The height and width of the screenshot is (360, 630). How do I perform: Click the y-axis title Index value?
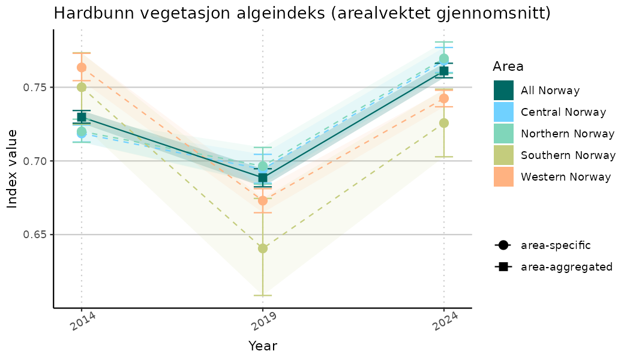13,169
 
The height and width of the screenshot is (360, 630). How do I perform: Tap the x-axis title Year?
263,346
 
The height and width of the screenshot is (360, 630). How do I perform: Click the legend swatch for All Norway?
503,91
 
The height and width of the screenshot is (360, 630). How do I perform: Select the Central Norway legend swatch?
503,112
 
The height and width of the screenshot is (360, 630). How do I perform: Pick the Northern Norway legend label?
568,134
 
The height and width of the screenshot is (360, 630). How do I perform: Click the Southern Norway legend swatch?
503,155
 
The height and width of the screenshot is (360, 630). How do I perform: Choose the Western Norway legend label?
566,177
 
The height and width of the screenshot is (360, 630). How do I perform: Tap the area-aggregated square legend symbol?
503,266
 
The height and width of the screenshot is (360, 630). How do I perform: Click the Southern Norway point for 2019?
263,248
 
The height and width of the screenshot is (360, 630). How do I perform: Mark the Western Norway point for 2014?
82,67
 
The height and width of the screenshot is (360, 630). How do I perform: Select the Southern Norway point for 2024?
444,123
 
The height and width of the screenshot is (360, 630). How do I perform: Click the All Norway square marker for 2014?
82,117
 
